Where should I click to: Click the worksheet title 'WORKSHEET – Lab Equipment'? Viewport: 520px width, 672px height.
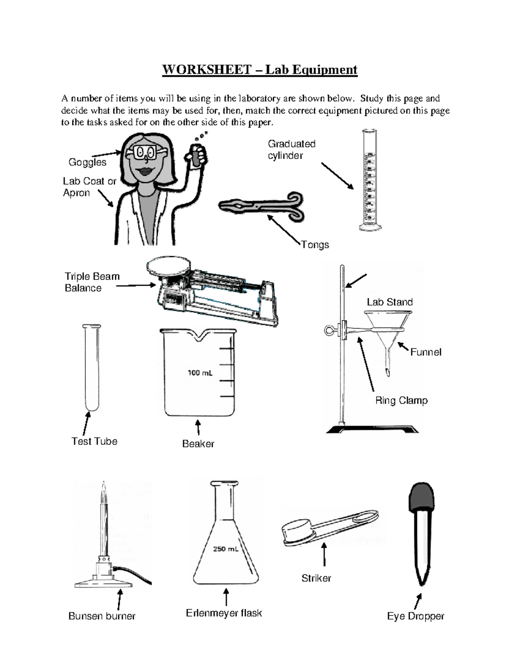point(260,70)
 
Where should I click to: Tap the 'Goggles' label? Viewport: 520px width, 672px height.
point(87,162)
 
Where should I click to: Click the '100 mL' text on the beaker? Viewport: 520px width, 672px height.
point(200,373)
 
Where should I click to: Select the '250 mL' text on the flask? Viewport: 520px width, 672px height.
point(225,549)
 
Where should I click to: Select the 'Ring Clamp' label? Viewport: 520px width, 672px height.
point(401,401)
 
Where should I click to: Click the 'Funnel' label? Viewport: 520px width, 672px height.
point(426,352)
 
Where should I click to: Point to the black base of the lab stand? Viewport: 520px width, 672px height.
point(372,429)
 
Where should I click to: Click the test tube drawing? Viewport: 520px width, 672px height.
point(91,368)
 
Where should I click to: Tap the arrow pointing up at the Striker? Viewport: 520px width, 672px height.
point(324,555)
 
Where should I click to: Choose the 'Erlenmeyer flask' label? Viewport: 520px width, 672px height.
point(224,613)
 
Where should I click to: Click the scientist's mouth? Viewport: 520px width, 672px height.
point(145,171)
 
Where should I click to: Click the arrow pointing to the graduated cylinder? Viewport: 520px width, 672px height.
point(337,176)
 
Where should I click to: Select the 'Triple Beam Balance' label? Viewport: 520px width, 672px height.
point(91,282)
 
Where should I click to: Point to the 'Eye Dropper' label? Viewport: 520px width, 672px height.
point(416,616)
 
